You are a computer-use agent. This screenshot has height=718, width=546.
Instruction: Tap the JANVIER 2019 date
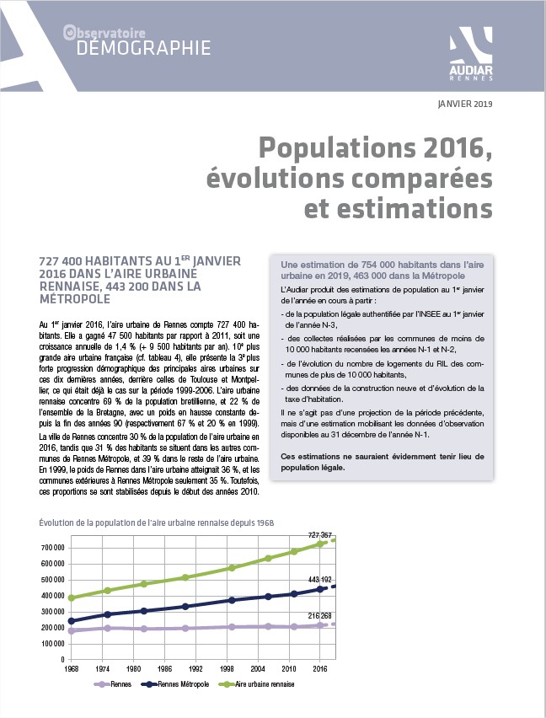pos(465,104)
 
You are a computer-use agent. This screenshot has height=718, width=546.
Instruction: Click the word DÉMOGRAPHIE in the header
pos(143,48)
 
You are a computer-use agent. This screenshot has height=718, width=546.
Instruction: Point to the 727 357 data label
pos(320,535)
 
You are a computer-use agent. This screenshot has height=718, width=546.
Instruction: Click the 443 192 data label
pos(320,580)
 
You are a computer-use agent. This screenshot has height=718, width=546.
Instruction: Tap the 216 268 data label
pos(320,616)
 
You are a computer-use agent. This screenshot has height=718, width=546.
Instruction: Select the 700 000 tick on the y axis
pos(52,548)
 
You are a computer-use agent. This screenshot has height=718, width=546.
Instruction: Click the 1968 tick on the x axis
pos(71,669)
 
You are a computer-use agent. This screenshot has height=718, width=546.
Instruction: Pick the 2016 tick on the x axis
pos(320,669)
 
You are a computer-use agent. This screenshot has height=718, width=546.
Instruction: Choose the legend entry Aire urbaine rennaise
pos(257,684)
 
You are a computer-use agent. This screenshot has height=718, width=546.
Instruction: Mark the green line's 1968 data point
pos(72,597)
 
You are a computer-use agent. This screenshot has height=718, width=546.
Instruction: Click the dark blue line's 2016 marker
pos(320,589)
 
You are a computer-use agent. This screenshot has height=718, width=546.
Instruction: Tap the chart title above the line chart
pos(157,522)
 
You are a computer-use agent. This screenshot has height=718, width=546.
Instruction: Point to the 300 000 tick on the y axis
pos(52,612)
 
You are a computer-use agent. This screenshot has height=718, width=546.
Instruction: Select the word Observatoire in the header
pos(104,33)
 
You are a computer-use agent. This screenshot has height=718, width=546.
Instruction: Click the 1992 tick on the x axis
pos(195,669)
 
